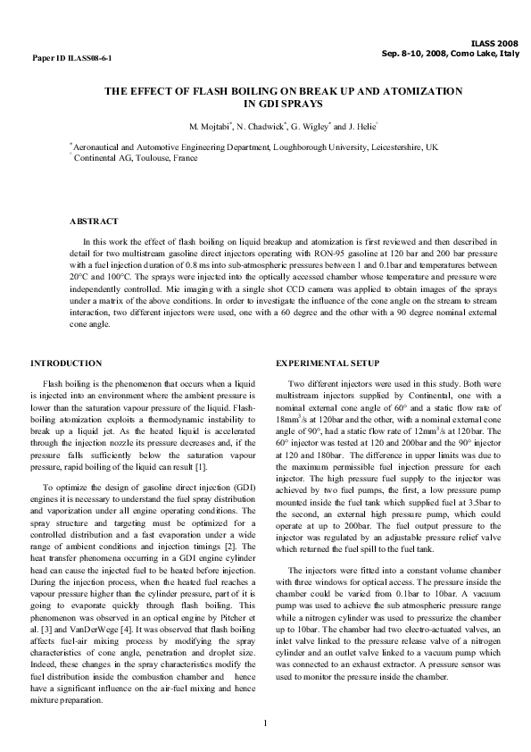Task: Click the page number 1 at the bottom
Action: coord(266,720)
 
